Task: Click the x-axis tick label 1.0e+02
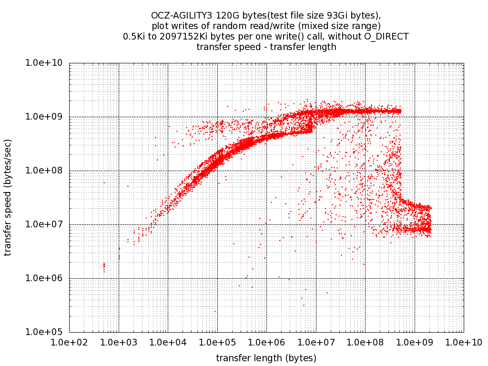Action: (69, 342)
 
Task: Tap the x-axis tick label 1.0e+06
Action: (266, 342)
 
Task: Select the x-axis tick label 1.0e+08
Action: (365, 342)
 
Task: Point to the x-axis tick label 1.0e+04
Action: (168, 342)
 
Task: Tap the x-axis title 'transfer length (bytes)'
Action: (266, 358)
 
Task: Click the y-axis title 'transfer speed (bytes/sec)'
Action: (8, 197)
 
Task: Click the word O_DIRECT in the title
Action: (388, 36)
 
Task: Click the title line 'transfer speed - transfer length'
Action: (266, 47)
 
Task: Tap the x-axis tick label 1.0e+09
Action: (415, 342)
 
